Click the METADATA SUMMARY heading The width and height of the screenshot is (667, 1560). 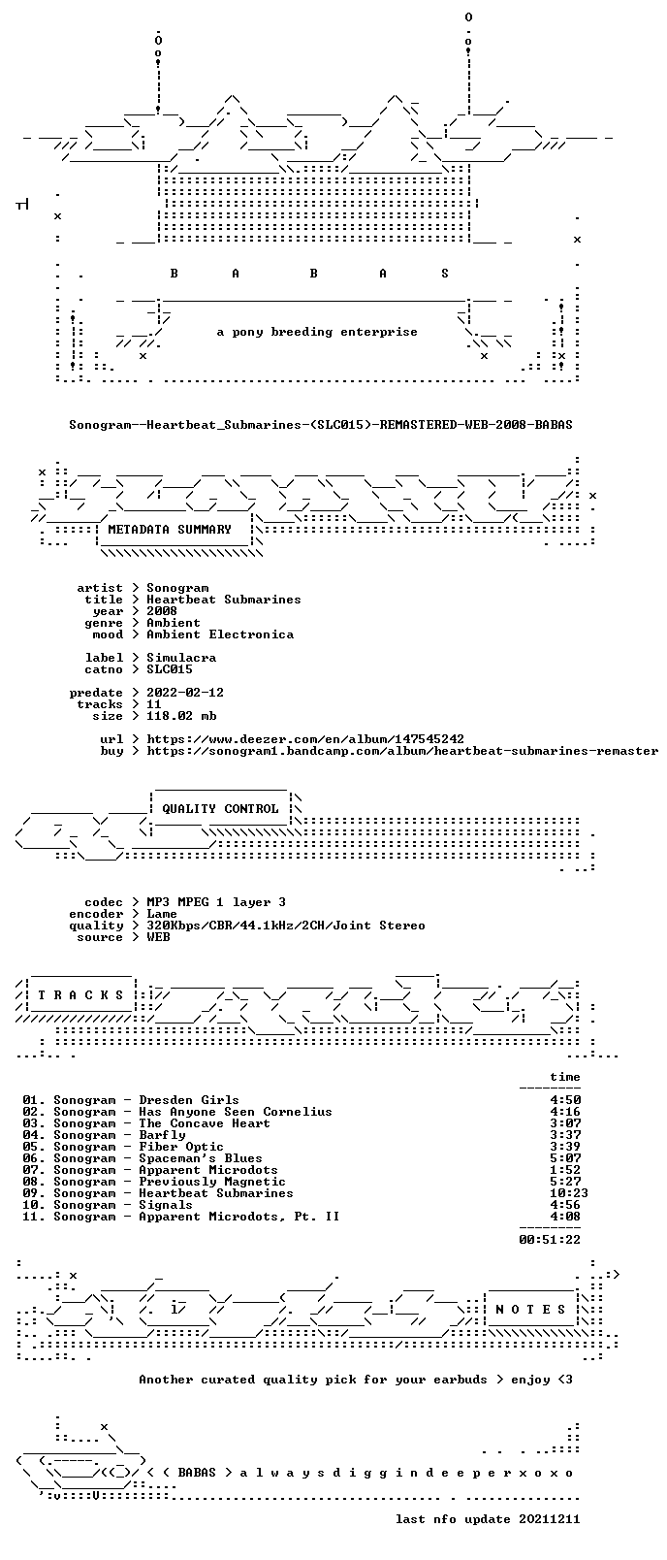pyautogui.click(x=170, y=530)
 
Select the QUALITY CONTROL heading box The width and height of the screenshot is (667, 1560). pyautogui.click(x=220, y=808)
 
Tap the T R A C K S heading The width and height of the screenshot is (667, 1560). pyautogui.click(x=80, y=995)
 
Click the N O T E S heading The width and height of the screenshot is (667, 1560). pyautogui.click(x=530, y=1310)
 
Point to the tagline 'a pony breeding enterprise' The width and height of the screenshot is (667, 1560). pyautogui.click(x=317, y=332)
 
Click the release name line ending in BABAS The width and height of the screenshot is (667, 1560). pyautogui.click(x=320, y=425)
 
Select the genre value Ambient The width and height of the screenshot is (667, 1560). pyautogui.click(x=174, y=623)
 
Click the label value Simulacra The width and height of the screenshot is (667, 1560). pyautogui.click(x=181, y=658)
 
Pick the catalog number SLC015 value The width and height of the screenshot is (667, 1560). pyautogui.click(x=170, y=670)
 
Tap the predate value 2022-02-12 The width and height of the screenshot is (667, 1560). pyautogui.click(x=185, y=693)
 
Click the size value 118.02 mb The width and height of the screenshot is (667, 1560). pyautogui.click(x=181, y=716)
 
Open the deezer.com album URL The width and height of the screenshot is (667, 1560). pyautogui.click(x=305, y=739)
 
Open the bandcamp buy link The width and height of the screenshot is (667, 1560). pyautogui.click(x=402, y=752)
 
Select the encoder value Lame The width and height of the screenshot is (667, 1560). pyautogui.click(x=162, y=915)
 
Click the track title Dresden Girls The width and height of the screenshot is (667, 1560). pyautogui.click(x=189, y=1100)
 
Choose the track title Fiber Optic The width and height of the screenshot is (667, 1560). pyautogui.click(x=181, y=1147)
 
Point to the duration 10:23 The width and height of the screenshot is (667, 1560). pyautogui.click(x=569, y=1193)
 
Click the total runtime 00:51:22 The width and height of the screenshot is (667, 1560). pyautogui.click(x=550, y=1240)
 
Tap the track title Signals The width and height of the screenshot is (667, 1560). pyautogui.click(x=166, y=1206)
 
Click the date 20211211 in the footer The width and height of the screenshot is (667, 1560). pyautogui.click(x=550, y=1519)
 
